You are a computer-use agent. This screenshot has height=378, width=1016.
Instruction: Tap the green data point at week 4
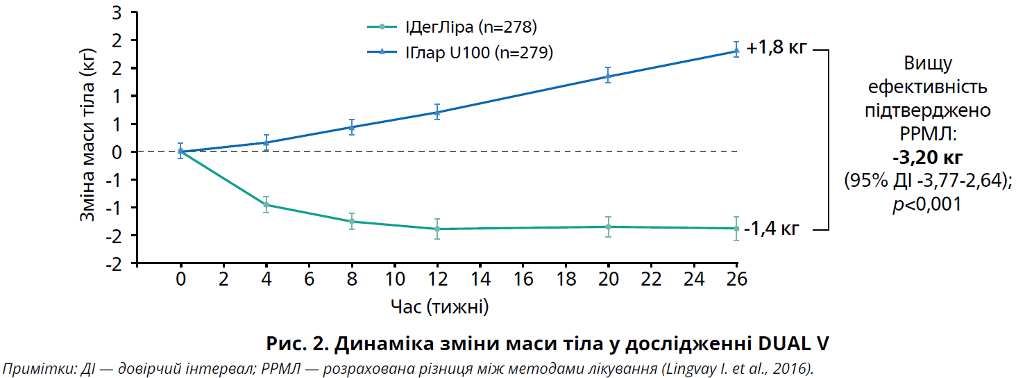[266, 204]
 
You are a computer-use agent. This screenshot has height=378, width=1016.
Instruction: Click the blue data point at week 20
[608, 76]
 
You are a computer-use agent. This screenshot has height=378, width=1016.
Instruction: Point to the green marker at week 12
[437, 229]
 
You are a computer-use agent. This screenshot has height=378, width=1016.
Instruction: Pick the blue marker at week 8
[352, 127]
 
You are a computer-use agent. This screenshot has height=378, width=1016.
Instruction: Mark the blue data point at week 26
[736, 51]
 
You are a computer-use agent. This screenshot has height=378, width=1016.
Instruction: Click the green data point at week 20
[608, 227]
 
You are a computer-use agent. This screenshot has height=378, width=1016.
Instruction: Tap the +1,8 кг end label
[777, 49]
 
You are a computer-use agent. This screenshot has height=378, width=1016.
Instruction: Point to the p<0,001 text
[927, 204]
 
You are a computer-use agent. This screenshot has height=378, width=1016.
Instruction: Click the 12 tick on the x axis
[437, 279]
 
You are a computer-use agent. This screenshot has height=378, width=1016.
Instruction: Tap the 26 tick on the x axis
[736, 279]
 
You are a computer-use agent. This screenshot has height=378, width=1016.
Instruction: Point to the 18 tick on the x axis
[566, 279]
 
